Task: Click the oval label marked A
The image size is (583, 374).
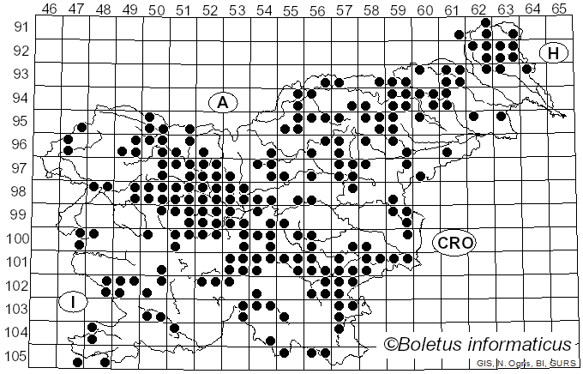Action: coord(222,102)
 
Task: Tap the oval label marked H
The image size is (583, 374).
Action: coord(554,53)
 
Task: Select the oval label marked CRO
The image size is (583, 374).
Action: coord(453,243)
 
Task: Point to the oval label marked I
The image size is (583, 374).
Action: coord(74,302)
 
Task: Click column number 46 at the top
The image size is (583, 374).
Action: coord(50,9)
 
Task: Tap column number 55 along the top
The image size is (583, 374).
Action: coord(291,9)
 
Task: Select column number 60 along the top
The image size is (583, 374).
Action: coord(424,9)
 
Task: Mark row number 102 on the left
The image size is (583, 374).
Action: coord(16,286)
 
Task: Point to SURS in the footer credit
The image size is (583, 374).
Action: coord(559,364)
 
